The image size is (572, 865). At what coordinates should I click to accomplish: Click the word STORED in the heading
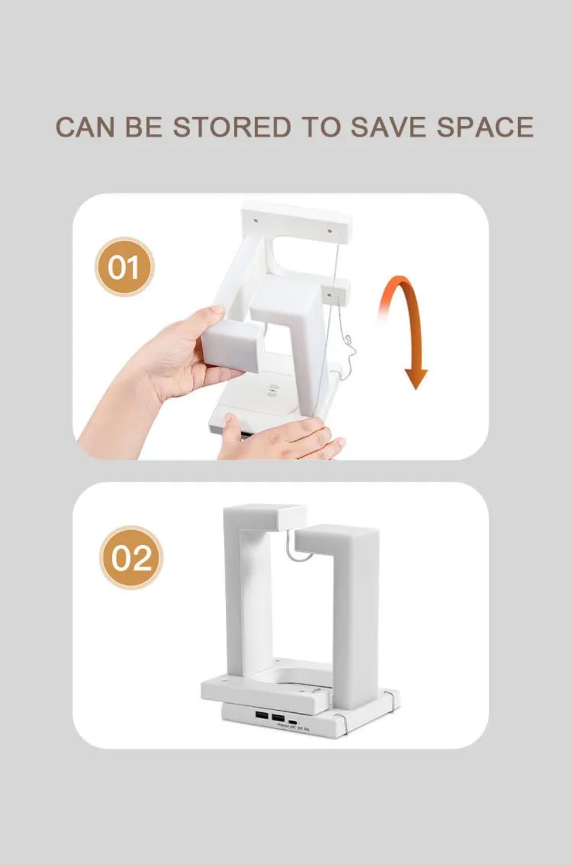click(x=232, y=127)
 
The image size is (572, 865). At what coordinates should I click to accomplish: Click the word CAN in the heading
click(x=85, y=127)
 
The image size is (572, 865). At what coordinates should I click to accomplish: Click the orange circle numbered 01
click(x=124, y=267)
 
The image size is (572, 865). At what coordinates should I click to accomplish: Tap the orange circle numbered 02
click(x=131, y=557)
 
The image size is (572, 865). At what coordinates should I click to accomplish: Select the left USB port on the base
click(x=262, y=716)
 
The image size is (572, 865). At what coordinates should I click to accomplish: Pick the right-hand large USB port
click(x=278, y=717)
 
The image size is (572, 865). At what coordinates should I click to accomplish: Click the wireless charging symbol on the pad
click(x=274, y=391)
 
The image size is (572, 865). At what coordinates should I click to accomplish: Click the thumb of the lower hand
click(x=231, y=425)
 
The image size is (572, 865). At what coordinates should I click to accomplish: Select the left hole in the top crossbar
click(x=255, y=218)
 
